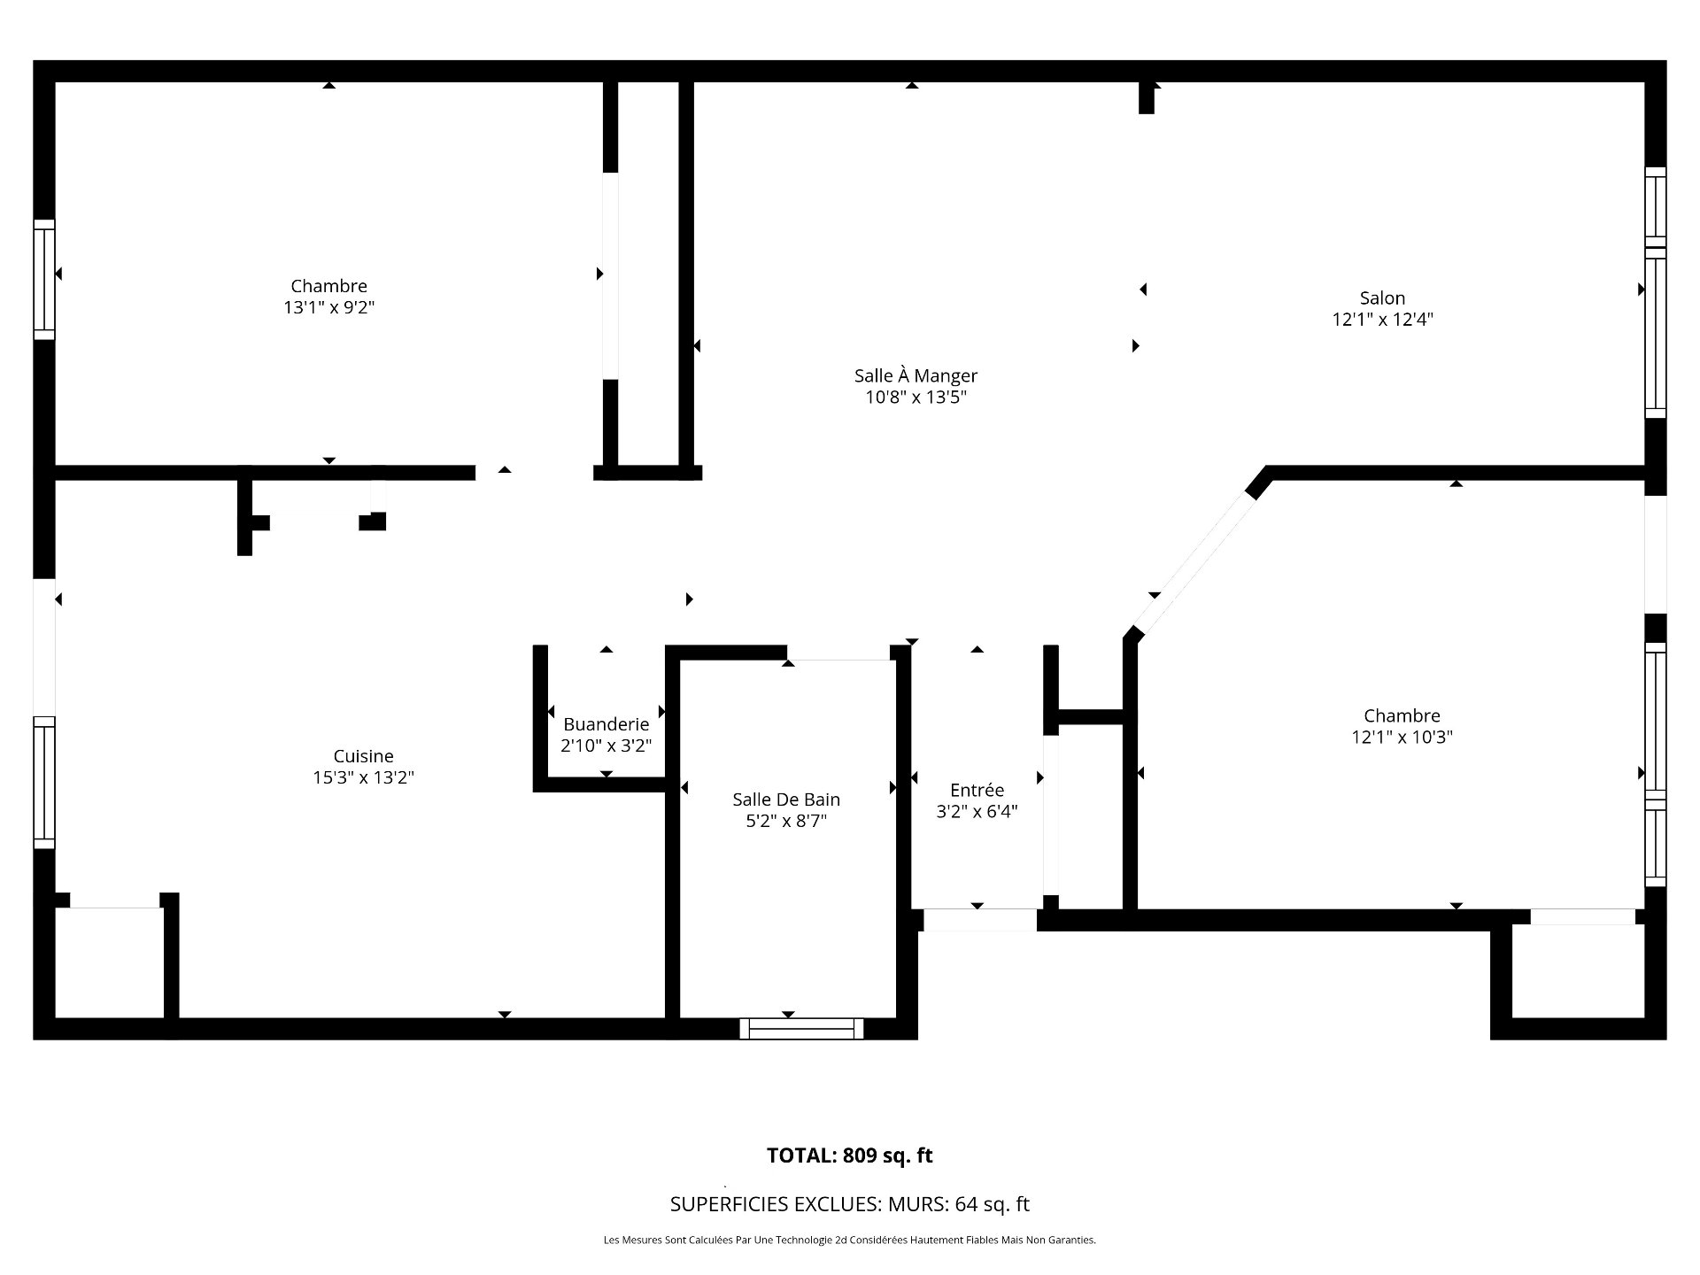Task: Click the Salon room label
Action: (x=1382, y=298)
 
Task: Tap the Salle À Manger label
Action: (x=916, y=375)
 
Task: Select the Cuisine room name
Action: (x=363, y=756)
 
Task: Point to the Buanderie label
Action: (x=606, y=724)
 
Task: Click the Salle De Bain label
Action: (x=786, y=800)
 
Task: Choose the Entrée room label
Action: (x=977, y=790)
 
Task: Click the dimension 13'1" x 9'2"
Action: (x=328, y=307)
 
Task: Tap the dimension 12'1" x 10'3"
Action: (x=1402, y=737)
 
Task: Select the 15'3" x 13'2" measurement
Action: (x=363, y=777)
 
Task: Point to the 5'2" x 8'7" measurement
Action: (x=786, y=821)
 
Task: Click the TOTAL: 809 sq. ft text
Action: (x=850, y=1155)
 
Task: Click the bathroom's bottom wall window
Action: (x=801, y=1028)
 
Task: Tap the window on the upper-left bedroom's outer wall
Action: (x=44, y=279)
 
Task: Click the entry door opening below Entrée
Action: (x=979, y=920)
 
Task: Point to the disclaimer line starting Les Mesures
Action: (x=850, y=1240)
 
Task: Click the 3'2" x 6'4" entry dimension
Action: (x=977, y=811)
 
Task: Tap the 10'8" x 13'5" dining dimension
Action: (x=916, y=397)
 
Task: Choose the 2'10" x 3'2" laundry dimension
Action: (x=606, y=746)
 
